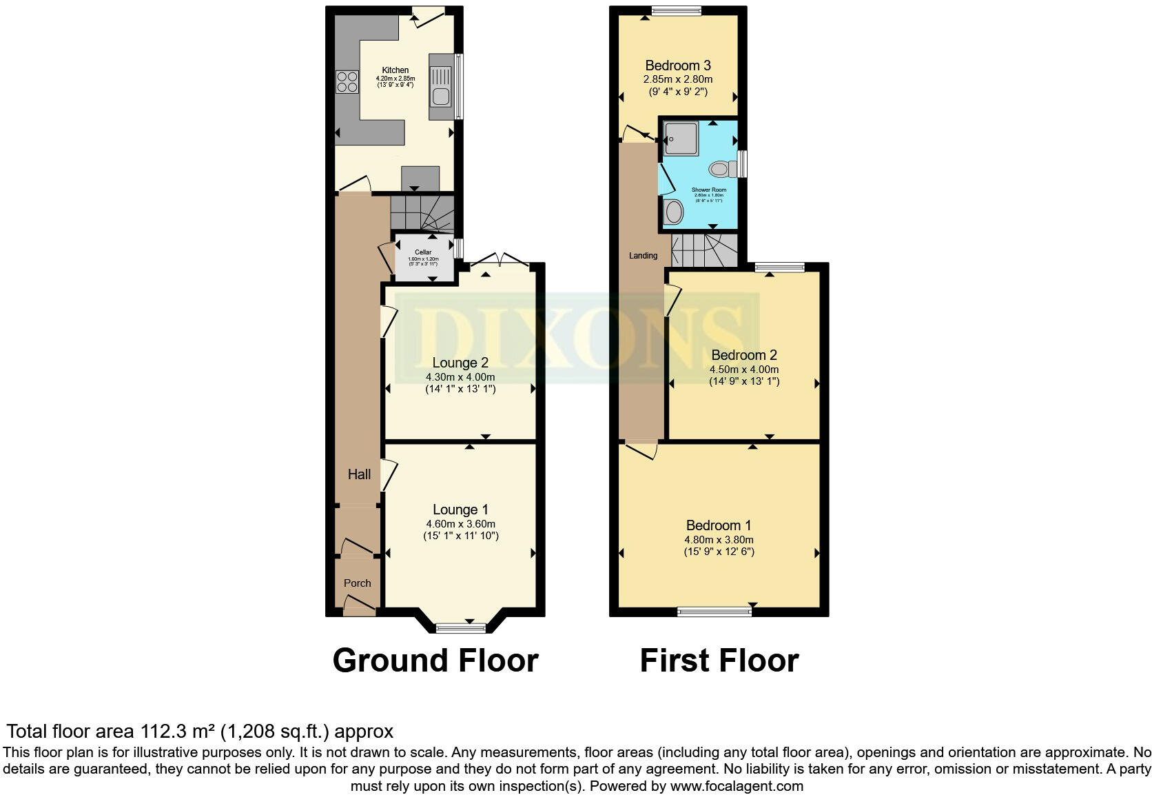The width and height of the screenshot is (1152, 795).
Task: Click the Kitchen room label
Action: pyautogui.click(x=395, y=70)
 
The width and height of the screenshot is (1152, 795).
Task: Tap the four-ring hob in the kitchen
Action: pyautogui.click(x=347, y=82)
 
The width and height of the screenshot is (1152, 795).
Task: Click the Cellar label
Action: pyautogui.click(x=423, y=252)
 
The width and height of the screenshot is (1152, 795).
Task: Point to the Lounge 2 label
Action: pyautogui.click(x=460, y=363)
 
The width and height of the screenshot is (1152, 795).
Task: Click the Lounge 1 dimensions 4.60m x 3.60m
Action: pyautogui.click(x=460, y=524)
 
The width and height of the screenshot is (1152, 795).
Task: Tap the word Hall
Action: pyautogui.click(x=359, y=474)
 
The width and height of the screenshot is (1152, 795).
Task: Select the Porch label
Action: pyautogui.click(x=357, y=583)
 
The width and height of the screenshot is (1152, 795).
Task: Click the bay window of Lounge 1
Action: pyautogui.click(x=460, y=627)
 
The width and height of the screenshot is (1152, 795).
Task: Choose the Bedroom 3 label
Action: pyautogui.click(x=678, y=66)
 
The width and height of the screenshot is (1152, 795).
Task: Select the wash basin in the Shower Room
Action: pyautogui.click(x=673, y=211)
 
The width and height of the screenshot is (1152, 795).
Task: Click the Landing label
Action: pyautogui.click(x=643, y=256)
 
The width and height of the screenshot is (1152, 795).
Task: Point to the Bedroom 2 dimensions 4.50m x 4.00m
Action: pyautogui.click(x=744, y=370)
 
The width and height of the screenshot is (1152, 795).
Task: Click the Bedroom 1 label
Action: pyautogui.click(x=719, y=525)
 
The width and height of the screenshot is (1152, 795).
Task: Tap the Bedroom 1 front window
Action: pyautogui.click(x=714, y=611)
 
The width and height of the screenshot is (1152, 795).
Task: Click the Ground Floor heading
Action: pyautogui.click(x=435, y=661)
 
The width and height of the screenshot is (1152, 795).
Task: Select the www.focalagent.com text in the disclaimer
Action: pyautogui.click(x=737, y=786)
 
